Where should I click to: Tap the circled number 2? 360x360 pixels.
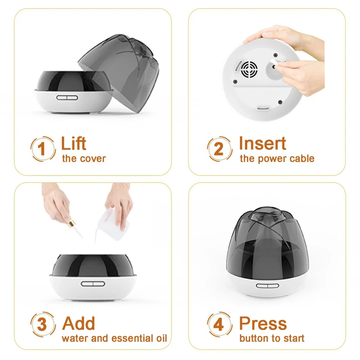219,148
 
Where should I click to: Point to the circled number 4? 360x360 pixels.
219,324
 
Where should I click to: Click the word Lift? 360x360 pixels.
73,143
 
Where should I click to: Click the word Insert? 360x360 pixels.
262,143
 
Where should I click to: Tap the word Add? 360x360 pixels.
78,323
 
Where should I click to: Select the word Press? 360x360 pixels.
263,323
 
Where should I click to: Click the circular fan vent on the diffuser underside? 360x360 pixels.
249,69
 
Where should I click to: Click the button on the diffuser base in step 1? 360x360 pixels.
67,98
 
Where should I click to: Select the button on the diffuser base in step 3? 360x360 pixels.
93,284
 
